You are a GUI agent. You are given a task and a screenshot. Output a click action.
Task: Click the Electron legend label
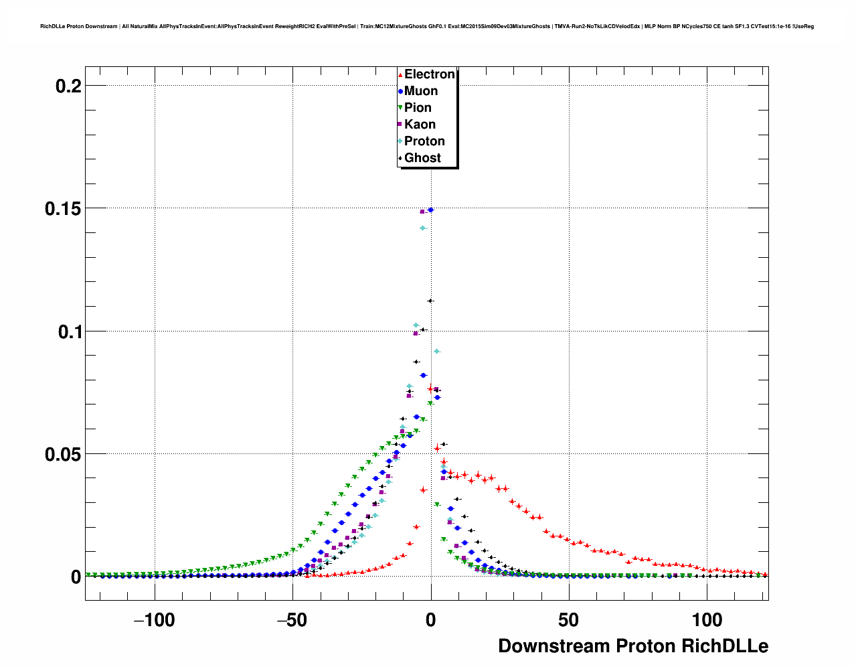(x=429, y=74)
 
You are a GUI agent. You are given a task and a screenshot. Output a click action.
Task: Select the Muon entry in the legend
(x=421, y=91)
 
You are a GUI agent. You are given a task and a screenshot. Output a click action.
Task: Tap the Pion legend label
(x=418, y=108)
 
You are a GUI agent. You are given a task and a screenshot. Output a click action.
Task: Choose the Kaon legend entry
(x=420, y=125)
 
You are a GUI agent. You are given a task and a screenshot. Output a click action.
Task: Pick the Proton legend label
(x=424, y=141)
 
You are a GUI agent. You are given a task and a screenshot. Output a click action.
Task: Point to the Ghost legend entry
(x=422, y=158)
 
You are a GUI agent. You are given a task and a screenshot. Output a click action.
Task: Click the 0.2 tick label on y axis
(x=67, y=86)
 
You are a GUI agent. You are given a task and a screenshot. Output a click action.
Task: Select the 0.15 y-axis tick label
(x=63, y=208)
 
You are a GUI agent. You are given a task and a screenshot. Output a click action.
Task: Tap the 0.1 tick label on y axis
(x=67, y=331)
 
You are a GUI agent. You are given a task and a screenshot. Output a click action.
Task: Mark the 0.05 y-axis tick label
(x=63, y=454)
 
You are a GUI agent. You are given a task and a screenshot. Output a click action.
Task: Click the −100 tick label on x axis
(x=154, y=620)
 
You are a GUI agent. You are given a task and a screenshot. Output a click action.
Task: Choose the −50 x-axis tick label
(x=292, y=620)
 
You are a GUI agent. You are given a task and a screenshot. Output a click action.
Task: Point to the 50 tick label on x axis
(x=568, y=620)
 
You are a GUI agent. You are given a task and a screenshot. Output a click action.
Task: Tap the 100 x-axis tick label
(x=707, y=620)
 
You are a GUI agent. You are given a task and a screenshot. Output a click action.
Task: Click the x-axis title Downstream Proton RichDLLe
(x=633, y=646)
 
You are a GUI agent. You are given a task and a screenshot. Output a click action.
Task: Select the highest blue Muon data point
(x=431, y=210)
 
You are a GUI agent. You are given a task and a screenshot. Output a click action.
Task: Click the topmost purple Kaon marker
(x=422, y=212)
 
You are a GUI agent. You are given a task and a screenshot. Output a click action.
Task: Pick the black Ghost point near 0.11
(x=430, y=301)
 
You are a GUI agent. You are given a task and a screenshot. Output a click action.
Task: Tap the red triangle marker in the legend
(x=400, y=74)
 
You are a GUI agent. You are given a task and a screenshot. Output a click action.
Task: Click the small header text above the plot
(x=427, y=26)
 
